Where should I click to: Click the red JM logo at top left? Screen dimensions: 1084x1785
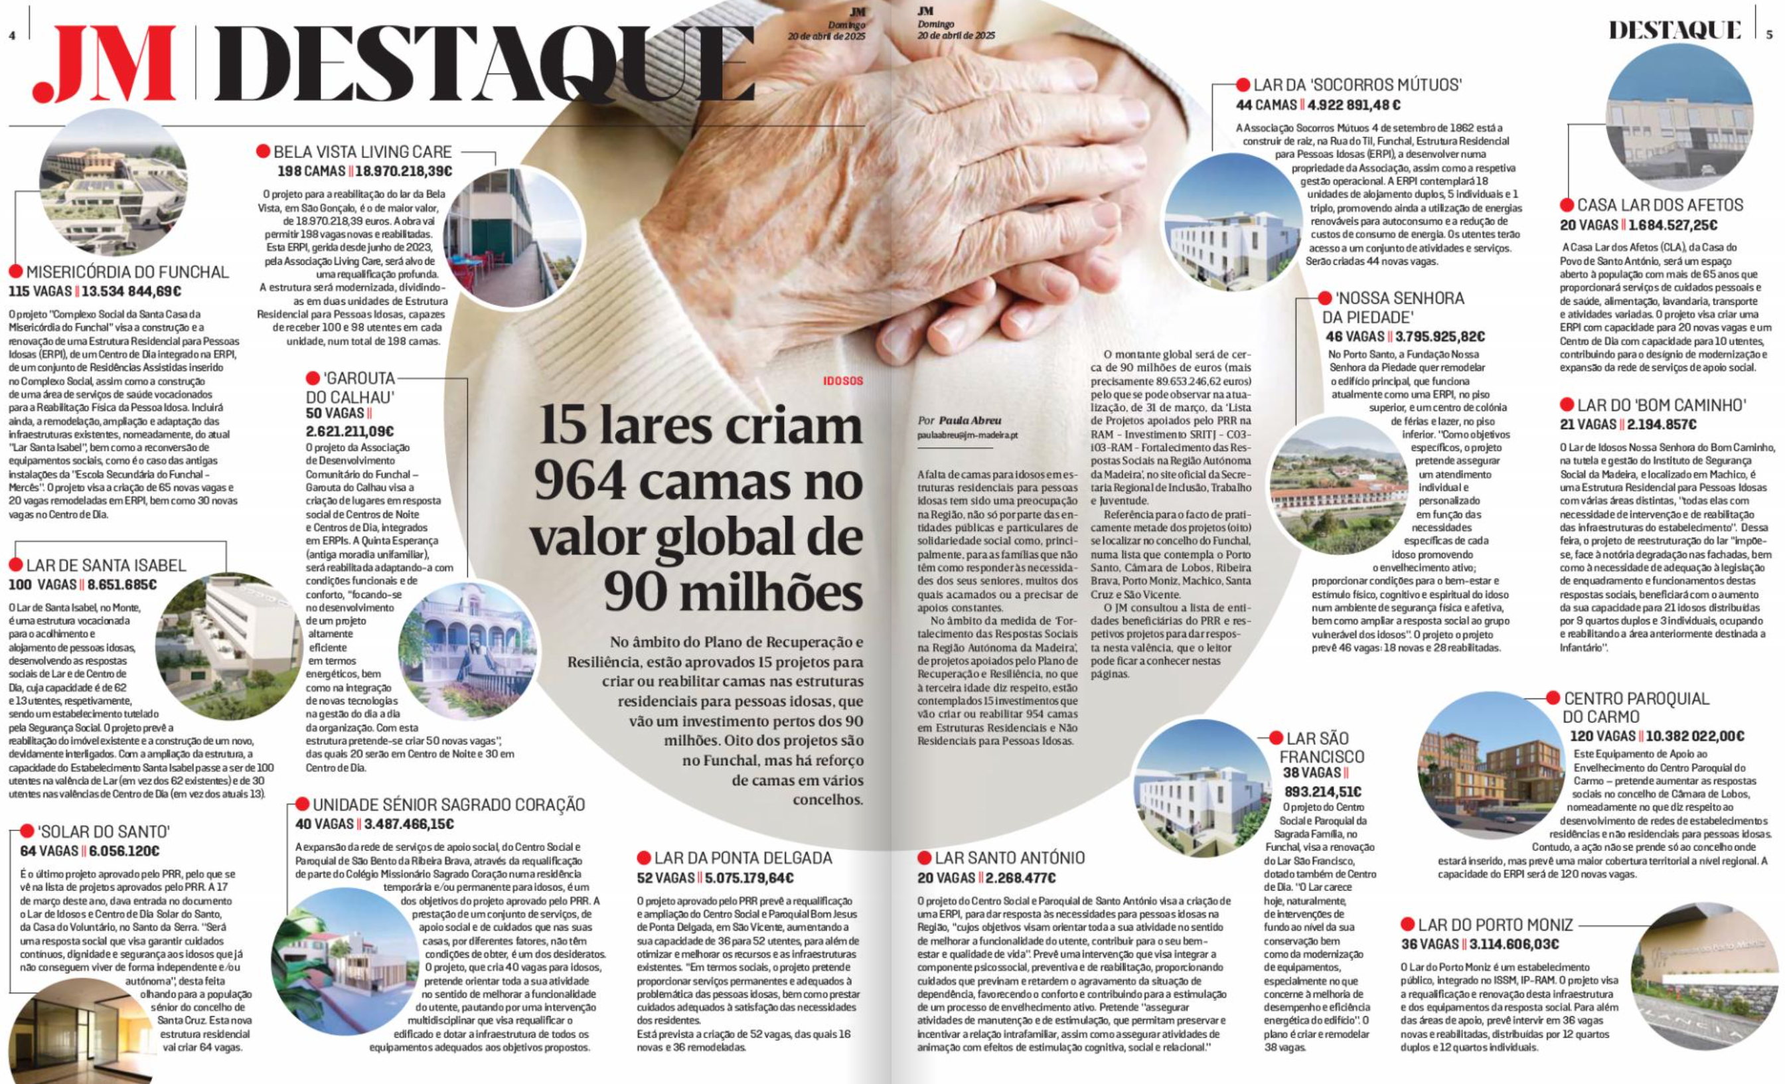click(x=104, y=64)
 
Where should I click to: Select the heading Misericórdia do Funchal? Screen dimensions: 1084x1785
click(x=127, y=272)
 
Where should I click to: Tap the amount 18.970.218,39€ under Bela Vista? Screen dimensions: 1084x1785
click(x=403, y=172)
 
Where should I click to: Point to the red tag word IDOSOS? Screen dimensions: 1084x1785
click(x=842, y=380)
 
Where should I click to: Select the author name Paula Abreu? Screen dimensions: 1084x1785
click(x=970, y=420)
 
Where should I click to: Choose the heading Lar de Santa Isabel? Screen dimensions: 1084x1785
click(x=106, y=565)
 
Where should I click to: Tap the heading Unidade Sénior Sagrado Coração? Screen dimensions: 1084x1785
click(x=449, y=805)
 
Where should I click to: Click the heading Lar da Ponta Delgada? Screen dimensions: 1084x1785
click(x=743, y=858)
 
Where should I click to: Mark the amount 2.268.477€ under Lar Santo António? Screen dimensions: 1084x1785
click(x=1017, y=878)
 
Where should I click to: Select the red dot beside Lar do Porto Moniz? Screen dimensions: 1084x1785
click(x=1407, y=924)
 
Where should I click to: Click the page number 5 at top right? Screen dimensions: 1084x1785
click(x=1769, y=34)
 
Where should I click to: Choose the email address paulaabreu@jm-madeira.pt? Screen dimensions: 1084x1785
click(x=967, y=435)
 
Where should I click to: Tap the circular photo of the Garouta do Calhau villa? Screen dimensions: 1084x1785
click(x=468, y=651)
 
